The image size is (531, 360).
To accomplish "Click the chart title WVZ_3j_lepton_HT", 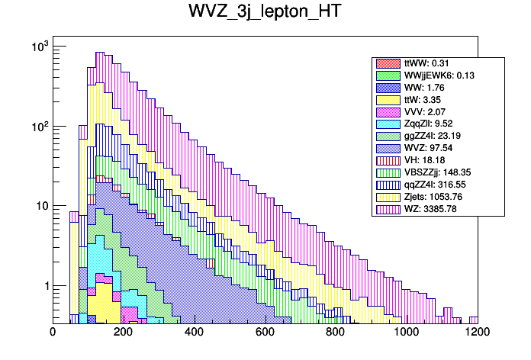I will (x=265, y=13).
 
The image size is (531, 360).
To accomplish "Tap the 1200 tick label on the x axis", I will (x=478, y=332).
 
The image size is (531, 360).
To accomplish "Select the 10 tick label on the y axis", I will (x=40, y=206).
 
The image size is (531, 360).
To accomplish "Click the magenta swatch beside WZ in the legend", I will (x=387, y=209).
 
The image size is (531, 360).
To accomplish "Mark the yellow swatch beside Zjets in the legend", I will (x=387, y=197).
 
